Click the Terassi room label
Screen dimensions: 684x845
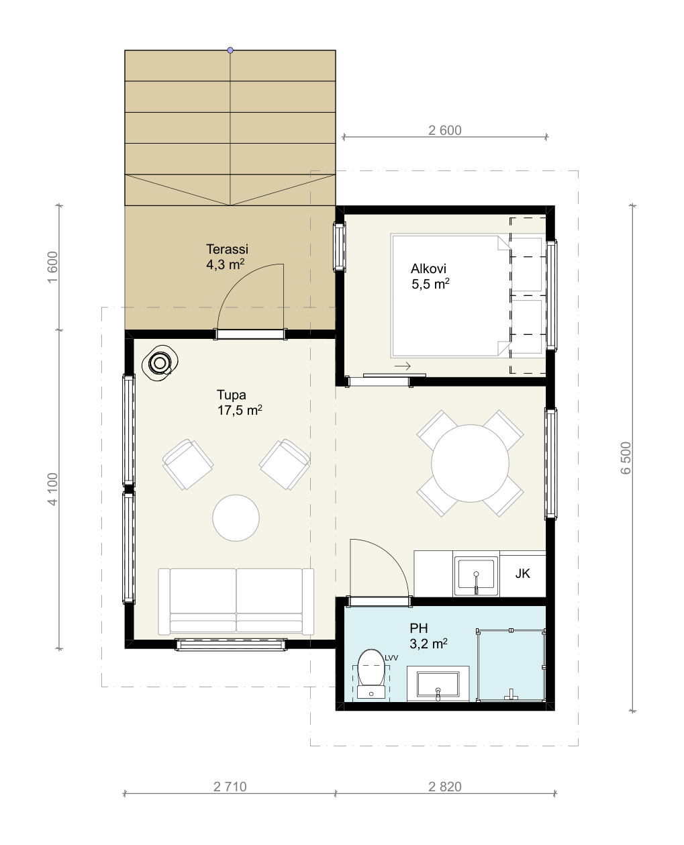pyautogui.click(x=227, y=249)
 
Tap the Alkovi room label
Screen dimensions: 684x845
pyautogui.click(x=428, y=268)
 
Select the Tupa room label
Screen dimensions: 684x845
pyautogui.click(x=232, y=395)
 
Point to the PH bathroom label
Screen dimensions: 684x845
pyautogui.click(x=419, y=628)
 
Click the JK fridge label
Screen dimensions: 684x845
pyautogui.click(x=522, y=573)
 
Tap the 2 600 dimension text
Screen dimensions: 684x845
pyautogui.click(x=445, y=130)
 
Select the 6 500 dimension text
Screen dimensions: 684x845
pyautogui.click(x=626, y=458)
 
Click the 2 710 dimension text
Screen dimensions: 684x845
pyautogui.click(x=230, y=787)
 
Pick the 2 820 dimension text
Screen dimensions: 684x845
pyautogui.click(x=445, y=787)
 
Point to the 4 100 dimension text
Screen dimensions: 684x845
pyautogui.click(x=52, y=489)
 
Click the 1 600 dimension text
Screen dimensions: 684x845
pyautogui.click(x=52, y=267)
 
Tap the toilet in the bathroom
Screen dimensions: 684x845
pyautogui.click(x=371, y=674)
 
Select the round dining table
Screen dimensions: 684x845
pyautogui.click(x=470, y=463)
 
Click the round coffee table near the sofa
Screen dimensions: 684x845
pyautogui.click(x=236, y=517)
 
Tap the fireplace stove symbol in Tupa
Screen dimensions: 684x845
pyautogui.click(x=160, y=363)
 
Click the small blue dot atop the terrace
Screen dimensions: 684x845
pyautogui.click(x=230, y=50)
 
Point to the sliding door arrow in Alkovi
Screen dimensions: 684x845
pyautogui.click(x=402, y=366)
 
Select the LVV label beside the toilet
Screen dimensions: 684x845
pyautogui.click(x=391, y=658)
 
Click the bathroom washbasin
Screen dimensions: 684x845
pyautogui.click(x=438, y=684)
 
